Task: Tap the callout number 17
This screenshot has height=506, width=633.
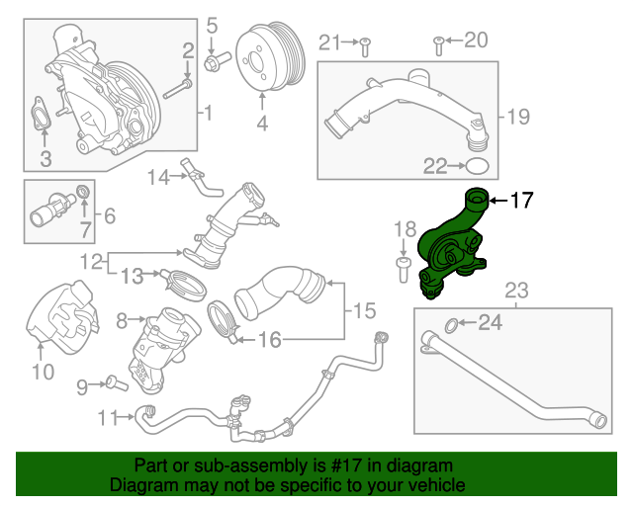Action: coord(521,202)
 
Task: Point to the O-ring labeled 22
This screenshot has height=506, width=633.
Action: coord(477,165)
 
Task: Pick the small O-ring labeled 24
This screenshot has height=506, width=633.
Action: coord(450,323)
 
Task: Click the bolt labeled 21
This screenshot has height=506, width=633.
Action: coord(364,42)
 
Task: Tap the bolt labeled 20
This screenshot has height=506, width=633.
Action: coord(438,42)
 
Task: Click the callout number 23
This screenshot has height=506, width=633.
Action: coord(517,290)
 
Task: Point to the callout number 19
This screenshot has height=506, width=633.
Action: coord(519,118)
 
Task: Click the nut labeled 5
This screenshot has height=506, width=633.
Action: coord(212,64)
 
